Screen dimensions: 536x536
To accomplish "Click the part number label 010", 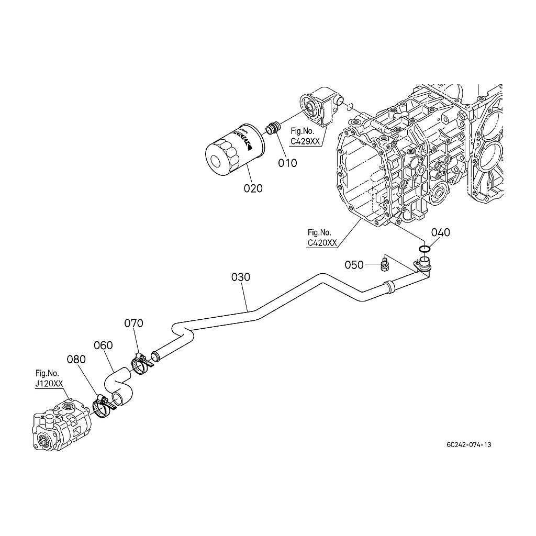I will [287, 163].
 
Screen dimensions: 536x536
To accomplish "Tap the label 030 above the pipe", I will [241, 277].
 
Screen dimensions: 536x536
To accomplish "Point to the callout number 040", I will [440, 232].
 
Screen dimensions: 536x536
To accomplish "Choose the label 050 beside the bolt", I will [354, 265].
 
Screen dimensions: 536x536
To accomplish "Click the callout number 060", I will [103, 345].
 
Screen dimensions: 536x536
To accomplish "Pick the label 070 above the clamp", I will [133, 323].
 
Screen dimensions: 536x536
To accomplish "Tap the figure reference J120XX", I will [49, 383].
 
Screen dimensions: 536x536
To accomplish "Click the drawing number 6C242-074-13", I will [469, 445].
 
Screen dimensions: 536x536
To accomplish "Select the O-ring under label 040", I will [425, 248].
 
